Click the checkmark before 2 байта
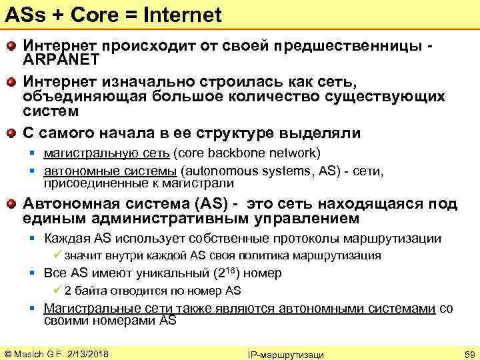[58, 290]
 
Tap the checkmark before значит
[58, 255]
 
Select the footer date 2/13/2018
[87, 353]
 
